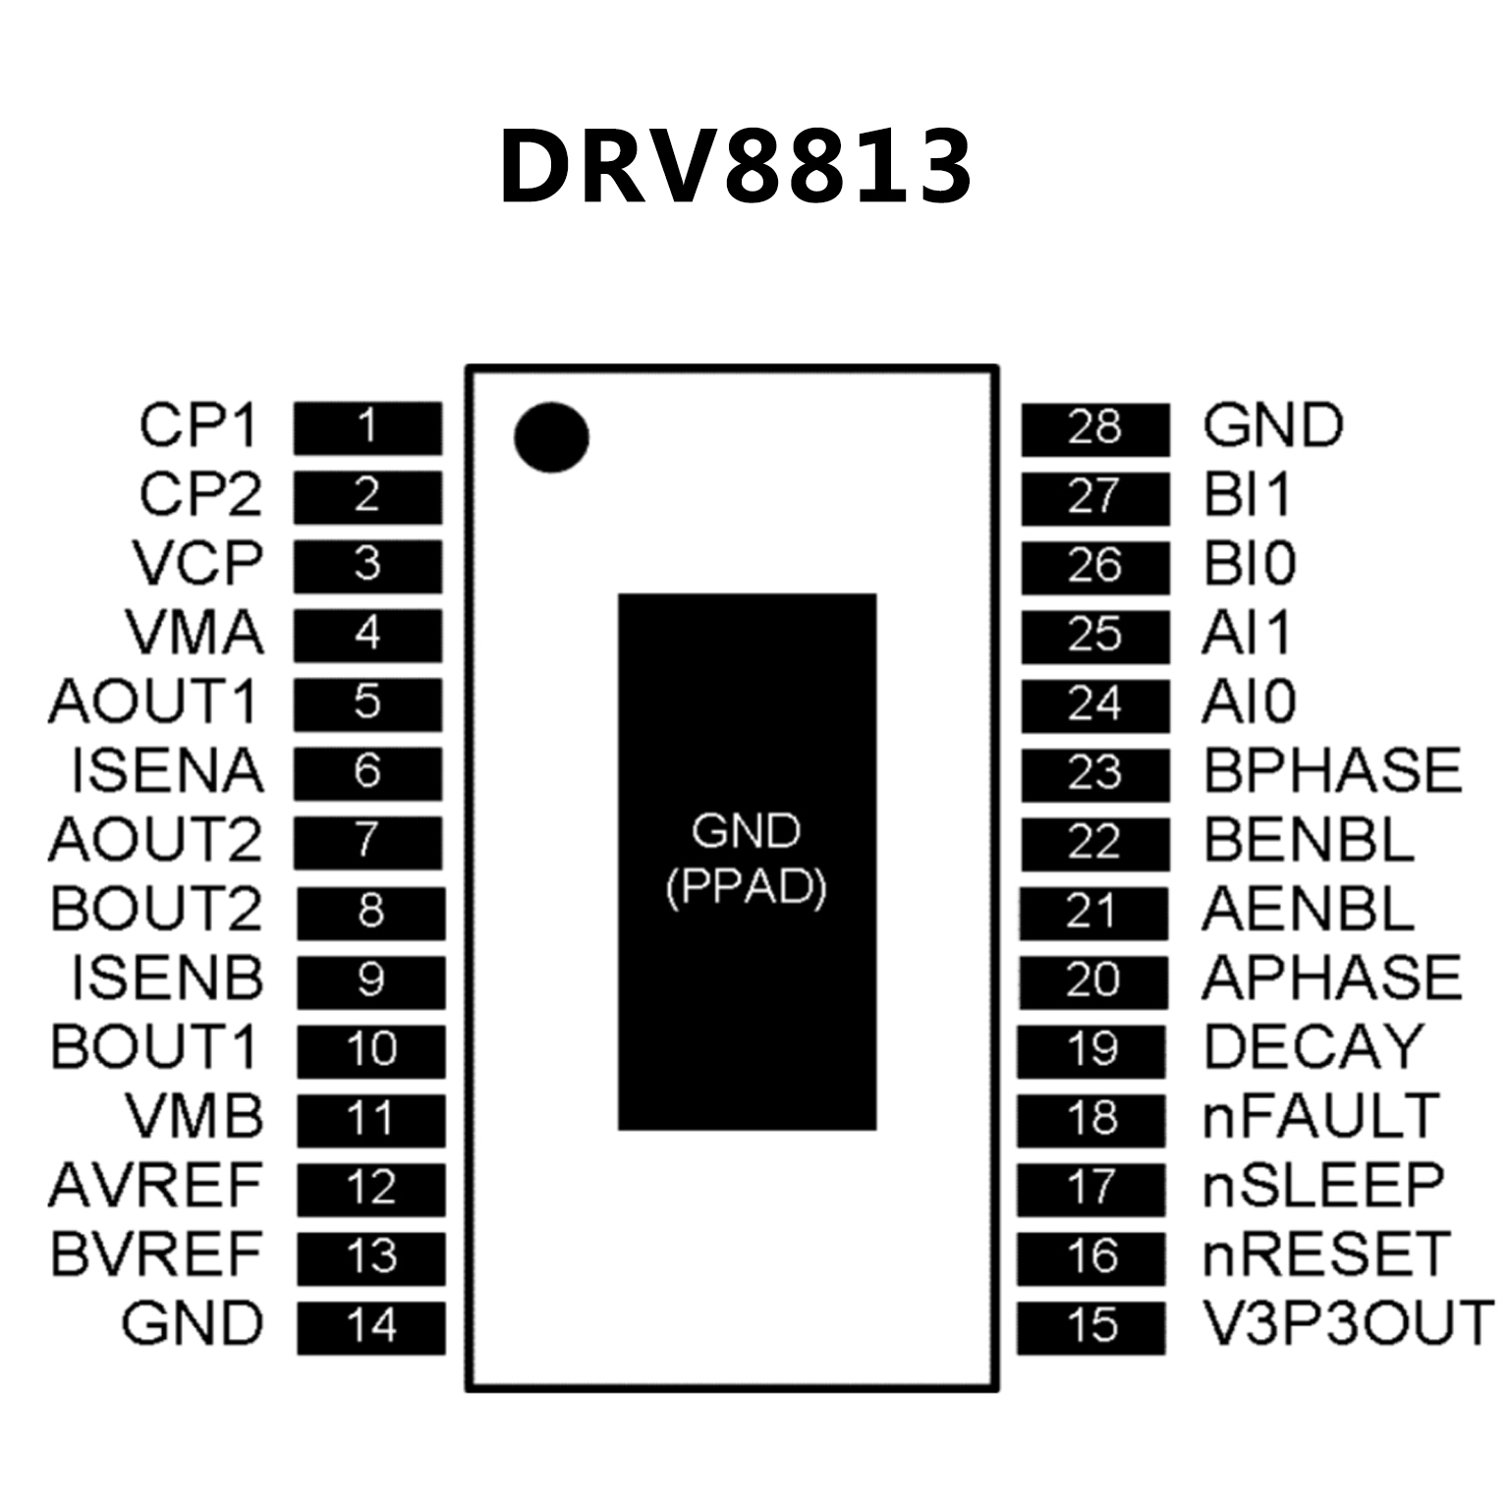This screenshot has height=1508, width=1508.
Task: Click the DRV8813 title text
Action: tap(735, 167)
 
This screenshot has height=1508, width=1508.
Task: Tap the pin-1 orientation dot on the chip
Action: tap(551, 437)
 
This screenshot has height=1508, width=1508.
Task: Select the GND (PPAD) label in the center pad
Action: tap(747, 860)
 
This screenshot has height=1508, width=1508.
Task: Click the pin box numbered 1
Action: tap(367, 427)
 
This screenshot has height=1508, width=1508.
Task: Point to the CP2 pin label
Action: tap(200, 495)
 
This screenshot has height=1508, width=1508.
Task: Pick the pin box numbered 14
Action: tap(370, 1326)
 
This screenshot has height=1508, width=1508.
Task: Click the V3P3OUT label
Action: tap(1348, 1323)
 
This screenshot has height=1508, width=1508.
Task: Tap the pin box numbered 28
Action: tap(1094, 428)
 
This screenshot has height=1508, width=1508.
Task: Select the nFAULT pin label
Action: tap(1320, 1116)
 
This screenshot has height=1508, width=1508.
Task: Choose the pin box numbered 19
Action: tap(1091, 1049)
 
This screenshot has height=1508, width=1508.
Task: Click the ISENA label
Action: tap(167, 771)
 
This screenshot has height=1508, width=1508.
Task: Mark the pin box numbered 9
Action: tap(370, 980)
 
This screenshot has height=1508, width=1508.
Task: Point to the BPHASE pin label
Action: tap(1332, 770)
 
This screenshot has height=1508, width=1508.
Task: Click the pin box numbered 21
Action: tap(1092, 912)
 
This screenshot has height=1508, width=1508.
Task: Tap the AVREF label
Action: tap(156, 1186)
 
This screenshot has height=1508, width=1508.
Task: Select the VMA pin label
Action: tap(195, 633)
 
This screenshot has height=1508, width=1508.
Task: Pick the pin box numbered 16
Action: tap(1090, 1257)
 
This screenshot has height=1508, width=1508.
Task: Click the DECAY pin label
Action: tap(1313, 1047)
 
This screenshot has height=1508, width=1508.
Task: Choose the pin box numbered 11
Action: tap(370, 1119)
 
